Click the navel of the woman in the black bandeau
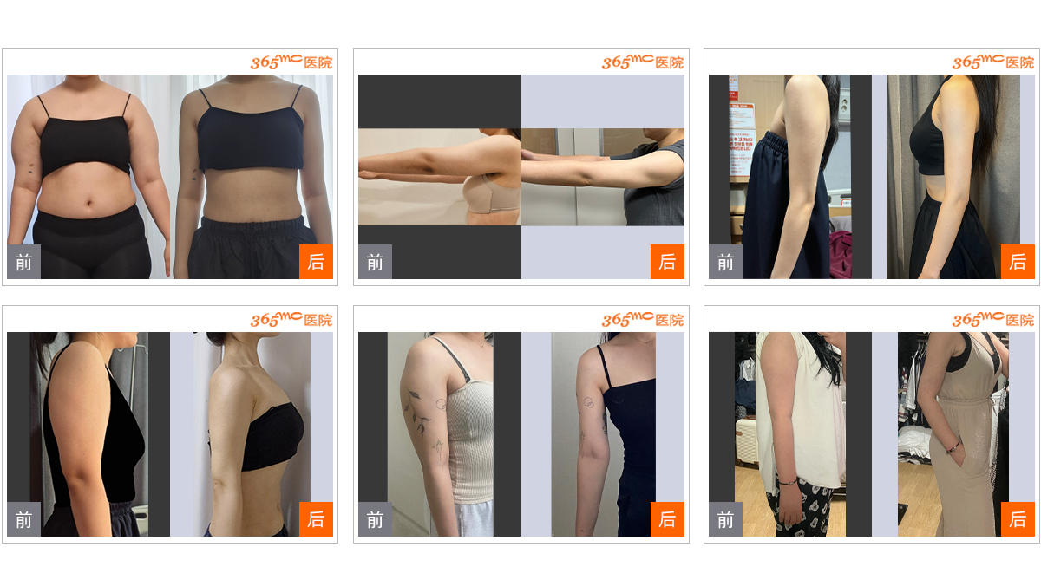[89, 202]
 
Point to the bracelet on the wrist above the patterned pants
[788, 483]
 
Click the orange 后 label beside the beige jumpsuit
[1018, 518]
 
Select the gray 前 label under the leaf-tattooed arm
[375, 519]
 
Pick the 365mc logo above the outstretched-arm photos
[642, 62]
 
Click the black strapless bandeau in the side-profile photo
[274, 437]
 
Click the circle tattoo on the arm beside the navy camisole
[588, 402]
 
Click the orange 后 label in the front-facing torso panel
[316, 262]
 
